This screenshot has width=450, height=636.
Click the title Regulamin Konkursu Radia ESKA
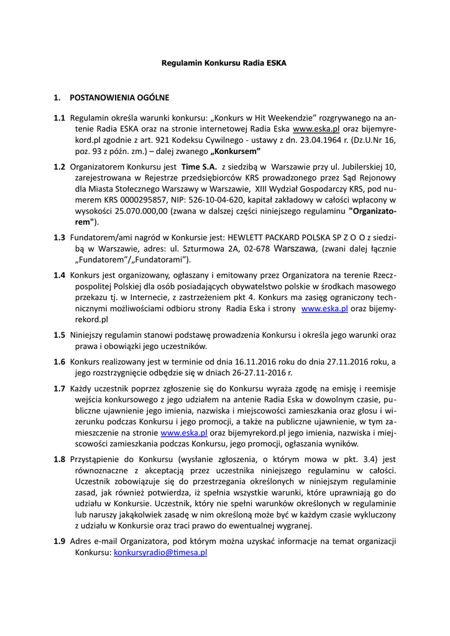coord(224,63)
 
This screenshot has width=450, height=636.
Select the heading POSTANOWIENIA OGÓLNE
coord(119,98)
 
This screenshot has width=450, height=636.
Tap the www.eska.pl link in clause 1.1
coord(316,129)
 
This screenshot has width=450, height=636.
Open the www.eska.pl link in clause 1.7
coord(184,432)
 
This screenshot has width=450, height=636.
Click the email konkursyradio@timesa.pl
coord(160,552)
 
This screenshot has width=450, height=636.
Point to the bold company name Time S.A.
coord(199,166)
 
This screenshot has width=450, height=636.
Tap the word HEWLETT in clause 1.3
coord(249,237)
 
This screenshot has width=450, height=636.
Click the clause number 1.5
coord(59,335)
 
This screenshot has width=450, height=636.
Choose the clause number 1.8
coord(59,459)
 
